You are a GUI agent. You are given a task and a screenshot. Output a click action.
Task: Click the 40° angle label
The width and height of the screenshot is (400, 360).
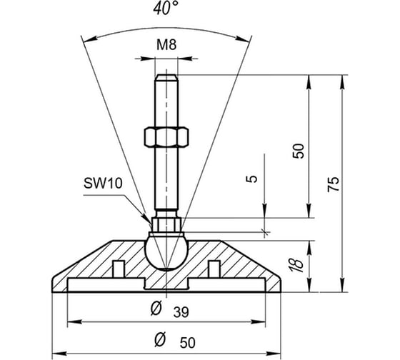pyautogui.click(x=166, y=8)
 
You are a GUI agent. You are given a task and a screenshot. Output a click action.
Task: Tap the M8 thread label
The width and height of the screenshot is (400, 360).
pyautogui.click(x=166, y=45)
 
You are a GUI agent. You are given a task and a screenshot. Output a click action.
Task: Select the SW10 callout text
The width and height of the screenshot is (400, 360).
pyautogui.click(x=103, y=183)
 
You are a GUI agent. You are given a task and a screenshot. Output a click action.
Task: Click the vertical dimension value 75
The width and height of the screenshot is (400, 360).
pyautogui.click(x=334, y=184)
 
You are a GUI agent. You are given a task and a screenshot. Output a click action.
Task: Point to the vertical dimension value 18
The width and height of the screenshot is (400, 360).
pyautogui.click(x=296, y=265)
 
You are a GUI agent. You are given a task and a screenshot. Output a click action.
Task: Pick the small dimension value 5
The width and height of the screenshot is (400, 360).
pyautogui.click(x=251, y=179)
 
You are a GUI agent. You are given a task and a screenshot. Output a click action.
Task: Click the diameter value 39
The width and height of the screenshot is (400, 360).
pyautogui.click(x=181, y=312)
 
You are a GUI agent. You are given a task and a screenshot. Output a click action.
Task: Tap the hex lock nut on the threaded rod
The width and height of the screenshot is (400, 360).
pyautogui.click(x=166, y=137)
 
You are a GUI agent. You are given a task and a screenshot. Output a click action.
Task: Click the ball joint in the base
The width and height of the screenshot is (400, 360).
pyautogui.click(x=166, y=252)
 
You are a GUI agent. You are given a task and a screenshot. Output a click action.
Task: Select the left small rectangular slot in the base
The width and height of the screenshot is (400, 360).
pyautogui.click(x=119, y=269)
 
